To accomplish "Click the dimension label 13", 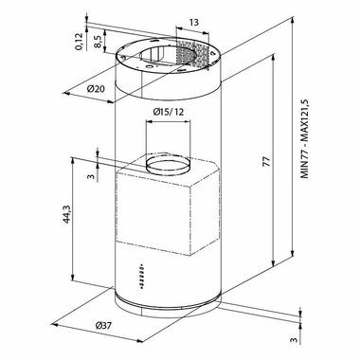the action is pos(194,23).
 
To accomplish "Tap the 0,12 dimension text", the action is pos(80,42).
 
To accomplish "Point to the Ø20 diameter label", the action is pos(96,89).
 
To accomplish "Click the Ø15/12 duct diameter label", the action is pos(169,112).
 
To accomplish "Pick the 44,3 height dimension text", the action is pos(66,214).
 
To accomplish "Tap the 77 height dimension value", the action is pos(267,161).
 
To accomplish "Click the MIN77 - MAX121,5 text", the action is pos(304,139).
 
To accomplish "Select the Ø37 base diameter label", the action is pos(103,325).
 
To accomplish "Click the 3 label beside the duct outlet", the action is pos(91,176).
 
